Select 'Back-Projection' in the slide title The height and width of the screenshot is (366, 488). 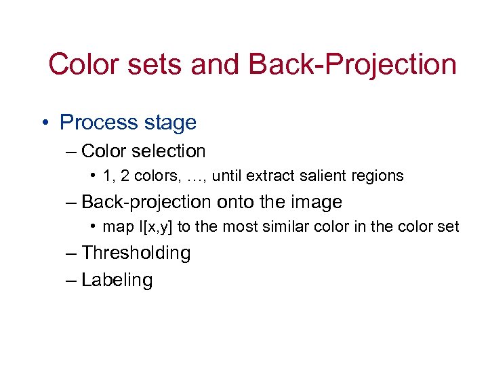tap(352, 65)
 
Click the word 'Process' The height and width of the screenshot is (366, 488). tap(98, 123)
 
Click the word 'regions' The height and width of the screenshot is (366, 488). tap(378, 176)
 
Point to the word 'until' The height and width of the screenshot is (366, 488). tap(227, 176)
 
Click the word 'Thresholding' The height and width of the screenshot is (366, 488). tap(136, 253)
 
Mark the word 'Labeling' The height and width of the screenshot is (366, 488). tap(117, 280)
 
